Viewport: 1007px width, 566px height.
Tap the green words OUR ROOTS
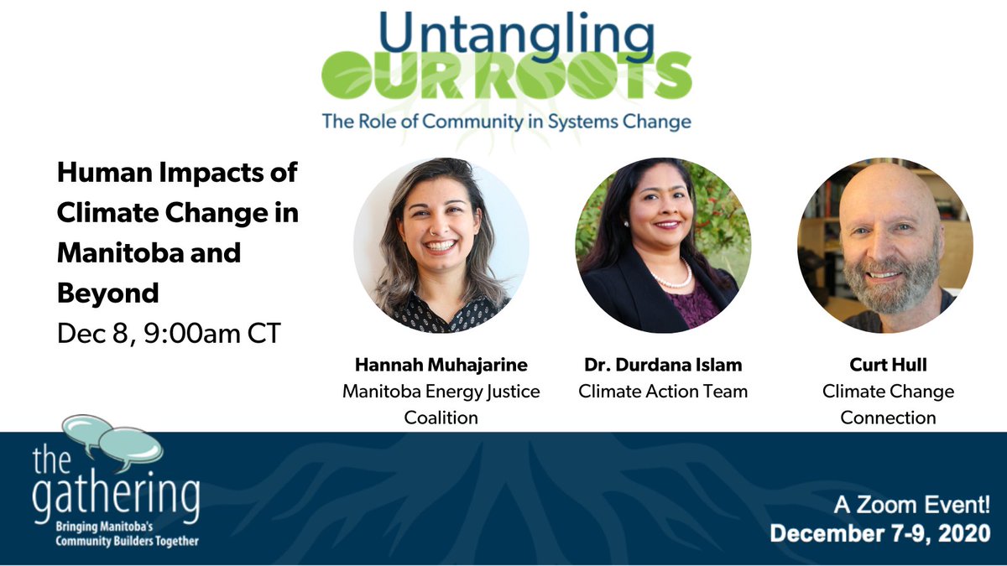point(506,78)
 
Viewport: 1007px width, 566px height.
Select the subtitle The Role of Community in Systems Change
point(506,122)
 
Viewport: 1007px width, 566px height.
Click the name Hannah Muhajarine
point(441,366)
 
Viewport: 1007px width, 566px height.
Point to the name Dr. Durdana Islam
point(663,366)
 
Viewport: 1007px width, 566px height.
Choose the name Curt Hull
point(888,366)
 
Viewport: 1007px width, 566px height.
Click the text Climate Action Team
point(663,391)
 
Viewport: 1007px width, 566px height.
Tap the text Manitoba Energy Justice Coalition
point(441,403)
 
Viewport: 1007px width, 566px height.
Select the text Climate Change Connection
point(888,403)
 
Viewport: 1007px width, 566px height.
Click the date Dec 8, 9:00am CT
point(168,333)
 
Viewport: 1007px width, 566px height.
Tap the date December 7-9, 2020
point(880,534)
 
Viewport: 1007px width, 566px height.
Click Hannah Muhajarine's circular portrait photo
point(441,245)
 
